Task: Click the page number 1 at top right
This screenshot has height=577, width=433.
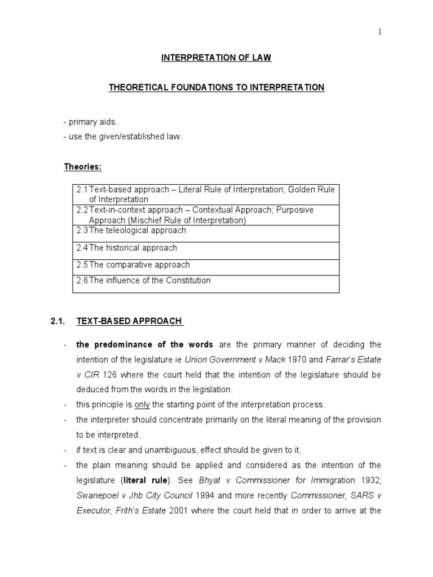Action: (x=379, y=32)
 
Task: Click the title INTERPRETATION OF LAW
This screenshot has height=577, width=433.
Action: (x=216, y=57)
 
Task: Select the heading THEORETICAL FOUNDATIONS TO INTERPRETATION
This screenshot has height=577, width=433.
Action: (x=216, y=87)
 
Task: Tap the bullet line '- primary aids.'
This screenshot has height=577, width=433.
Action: (x=90, y=122)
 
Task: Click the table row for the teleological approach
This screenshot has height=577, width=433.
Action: (x=206, y=233)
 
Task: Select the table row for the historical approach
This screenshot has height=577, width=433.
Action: (x=206, y=250)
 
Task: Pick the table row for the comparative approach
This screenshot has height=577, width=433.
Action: (x=206, y=267)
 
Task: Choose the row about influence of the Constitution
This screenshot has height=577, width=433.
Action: (x=206, y=283)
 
